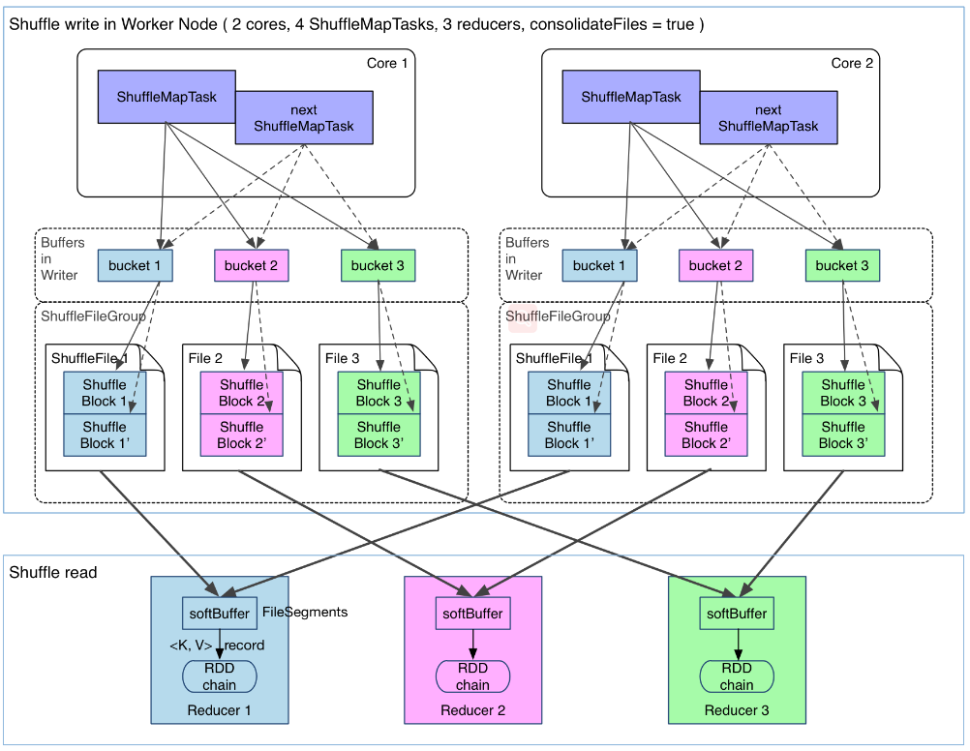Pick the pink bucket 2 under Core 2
coord(716,266)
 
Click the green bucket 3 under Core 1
coord(379,266)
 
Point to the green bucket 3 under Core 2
coord(842,266)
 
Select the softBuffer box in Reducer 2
coord(473,614)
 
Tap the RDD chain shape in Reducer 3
coord(737,676)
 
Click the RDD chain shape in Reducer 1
coord(220,676)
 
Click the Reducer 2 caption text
coord(473,711)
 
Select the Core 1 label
coord(387,64)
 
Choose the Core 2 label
coord(852,64)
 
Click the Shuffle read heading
coord(53,573)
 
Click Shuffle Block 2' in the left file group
coord(242,436)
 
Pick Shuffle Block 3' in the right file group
coord(843,436)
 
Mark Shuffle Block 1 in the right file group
coord(569,393)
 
